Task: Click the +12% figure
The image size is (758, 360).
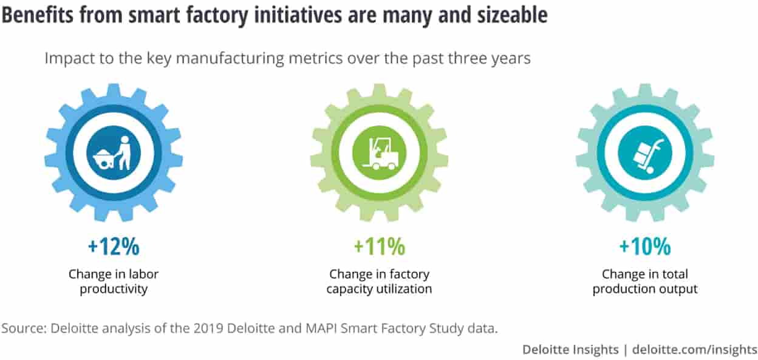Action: coord(114,246)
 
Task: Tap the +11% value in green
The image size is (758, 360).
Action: coord(380,246)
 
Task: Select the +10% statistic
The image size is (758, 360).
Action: coord(645,246)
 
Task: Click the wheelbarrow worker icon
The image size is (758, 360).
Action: coord(114,153)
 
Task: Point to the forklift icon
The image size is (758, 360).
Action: coord(380,154)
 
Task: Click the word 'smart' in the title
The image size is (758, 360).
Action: coord(154,15)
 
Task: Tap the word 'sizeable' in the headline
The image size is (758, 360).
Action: coord(513,15)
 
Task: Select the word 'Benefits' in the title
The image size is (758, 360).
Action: coord(38,15)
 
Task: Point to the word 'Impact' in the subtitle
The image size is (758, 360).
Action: coord(69,59)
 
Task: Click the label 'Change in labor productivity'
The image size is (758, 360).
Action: coord(114,282)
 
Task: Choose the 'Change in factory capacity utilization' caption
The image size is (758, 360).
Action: coord(380,282)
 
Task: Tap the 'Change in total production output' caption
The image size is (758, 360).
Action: coord(645,282)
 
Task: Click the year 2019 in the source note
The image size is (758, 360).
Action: coord(208,328)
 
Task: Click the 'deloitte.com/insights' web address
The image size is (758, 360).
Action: coord(694,349)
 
